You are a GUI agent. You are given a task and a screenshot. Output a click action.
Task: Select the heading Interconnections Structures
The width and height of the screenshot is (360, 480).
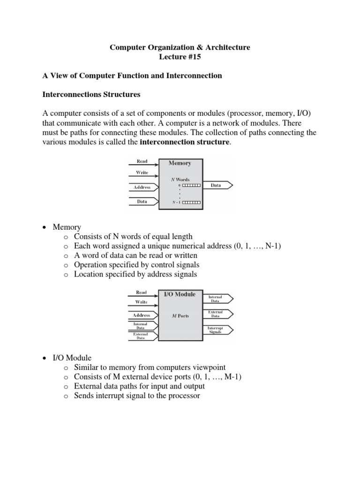coord(91,94)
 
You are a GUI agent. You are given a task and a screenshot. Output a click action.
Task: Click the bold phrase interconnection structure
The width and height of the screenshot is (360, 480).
coord(185,142)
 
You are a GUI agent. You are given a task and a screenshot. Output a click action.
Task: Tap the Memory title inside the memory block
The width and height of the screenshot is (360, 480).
coord(180,163)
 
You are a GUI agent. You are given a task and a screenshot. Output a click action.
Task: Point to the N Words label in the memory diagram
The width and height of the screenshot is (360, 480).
coord(180,180)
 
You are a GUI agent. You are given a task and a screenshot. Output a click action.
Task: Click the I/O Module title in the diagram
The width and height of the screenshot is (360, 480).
coord(180,294)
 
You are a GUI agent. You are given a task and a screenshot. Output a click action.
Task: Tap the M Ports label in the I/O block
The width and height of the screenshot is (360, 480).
coord(180,315)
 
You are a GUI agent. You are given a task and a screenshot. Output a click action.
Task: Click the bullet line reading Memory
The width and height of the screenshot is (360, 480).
coord(67,227)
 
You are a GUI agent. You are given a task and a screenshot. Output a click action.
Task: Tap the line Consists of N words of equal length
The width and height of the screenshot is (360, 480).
coord(133,237)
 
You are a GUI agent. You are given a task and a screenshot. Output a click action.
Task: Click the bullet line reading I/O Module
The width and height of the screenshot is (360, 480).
coord(72,358)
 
